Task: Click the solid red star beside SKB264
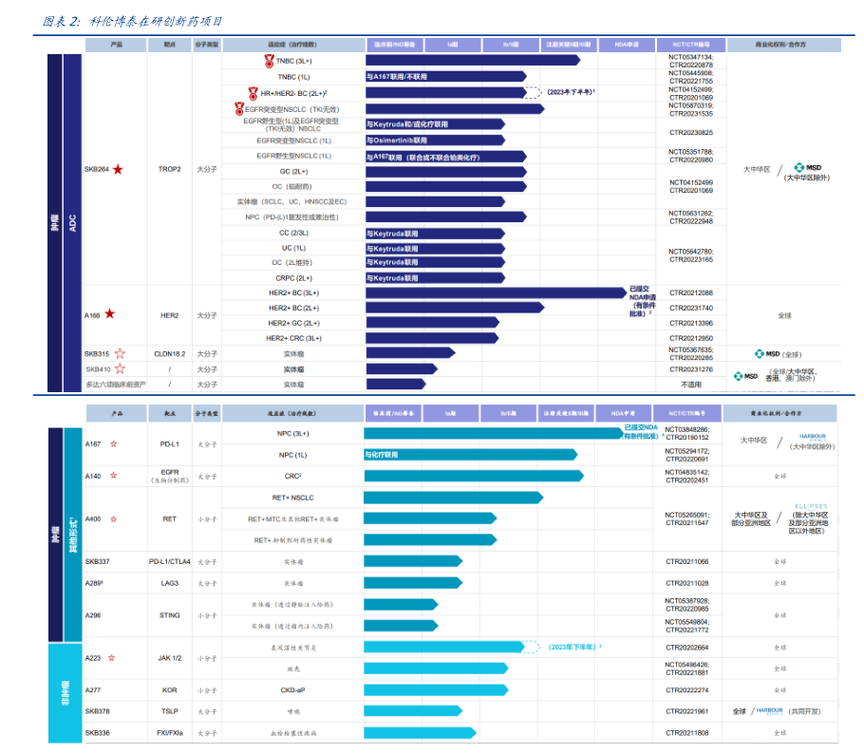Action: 118,170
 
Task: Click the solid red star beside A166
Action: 110,314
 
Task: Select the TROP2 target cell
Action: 170,170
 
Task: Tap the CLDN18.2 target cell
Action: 170,353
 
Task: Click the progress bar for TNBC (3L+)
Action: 473,61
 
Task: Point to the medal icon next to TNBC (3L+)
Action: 269,61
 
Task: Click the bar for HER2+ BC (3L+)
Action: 494,292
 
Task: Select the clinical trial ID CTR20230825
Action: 690,132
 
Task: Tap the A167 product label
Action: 93,443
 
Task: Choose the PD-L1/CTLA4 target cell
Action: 170,561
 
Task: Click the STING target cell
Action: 170,615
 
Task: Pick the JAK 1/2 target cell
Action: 170,657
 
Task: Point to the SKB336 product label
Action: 98,733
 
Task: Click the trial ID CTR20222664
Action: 689,647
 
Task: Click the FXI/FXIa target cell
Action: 170,733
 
